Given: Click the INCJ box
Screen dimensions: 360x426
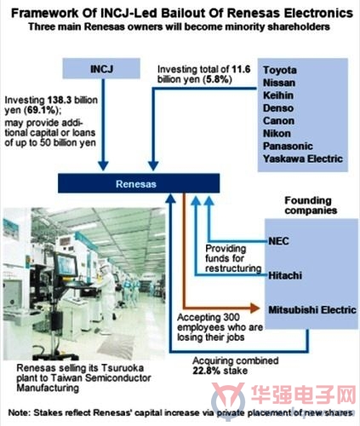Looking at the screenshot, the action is (x=101, y=68).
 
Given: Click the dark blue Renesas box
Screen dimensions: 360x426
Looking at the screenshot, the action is (x=139, y=183).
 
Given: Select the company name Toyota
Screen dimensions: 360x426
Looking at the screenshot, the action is (x=280, y=70).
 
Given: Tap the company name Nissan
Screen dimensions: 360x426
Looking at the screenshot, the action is (x=279, y=83).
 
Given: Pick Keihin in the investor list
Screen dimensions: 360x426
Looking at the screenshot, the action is (x=278, y=95).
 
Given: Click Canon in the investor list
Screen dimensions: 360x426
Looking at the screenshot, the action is (x=278, y=121).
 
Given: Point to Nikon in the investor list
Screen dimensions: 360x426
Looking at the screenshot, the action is (x=277, y=134).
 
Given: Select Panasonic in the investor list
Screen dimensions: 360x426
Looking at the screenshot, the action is (x=288, y=146).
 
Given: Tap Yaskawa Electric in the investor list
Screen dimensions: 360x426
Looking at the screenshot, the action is (x=303, y=158).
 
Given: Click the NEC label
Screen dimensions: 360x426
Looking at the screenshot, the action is (x=278, y=241).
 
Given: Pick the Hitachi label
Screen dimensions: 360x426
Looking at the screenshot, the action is (x=285, y=275).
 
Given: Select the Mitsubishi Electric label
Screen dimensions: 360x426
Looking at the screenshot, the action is (x=312, y=310).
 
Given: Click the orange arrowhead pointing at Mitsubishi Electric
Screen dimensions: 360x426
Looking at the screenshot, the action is (x=255, y=308).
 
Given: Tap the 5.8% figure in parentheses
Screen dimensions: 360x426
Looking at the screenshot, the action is (x=218, y=79).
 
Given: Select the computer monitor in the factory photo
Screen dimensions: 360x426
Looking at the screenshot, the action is (x=66, y=265).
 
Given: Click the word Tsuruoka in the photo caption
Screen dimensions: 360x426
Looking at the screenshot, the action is (x=123, y=368).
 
